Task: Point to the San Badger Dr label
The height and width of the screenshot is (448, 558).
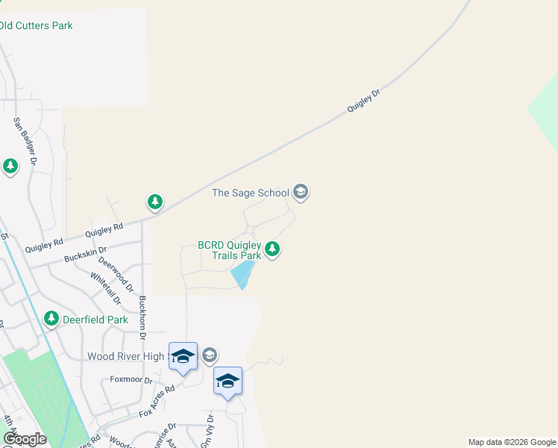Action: (x=24, y=141)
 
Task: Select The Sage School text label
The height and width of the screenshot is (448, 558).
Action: (x=251, y=193)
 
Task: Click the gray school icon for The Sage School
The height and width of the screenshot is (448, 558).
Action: (x=301, y=193)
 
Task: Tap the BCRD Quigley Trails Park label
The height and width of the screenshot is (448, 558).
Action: (x=230, y=250)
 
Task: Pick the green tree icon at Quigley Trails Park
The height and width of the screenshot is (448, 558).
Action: (x=272, y=249)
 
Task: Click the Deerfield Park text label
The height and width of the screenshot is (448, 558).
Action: (x=95, y=320)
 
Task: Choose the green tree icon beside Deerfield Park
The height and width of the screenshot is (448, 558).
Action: (x=51, y=319)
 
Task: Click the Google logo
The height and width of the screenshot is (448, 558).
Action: (x=25, y=439)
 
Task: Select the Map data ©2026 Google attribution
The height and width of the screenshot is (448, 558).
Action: (x=512, y=442)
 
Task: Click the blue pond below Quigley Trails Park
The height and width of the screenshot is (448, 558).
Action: (x=241, y=274)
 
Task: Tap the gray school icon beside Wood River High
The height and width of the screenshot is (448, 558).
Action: (x=210, y=355)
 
